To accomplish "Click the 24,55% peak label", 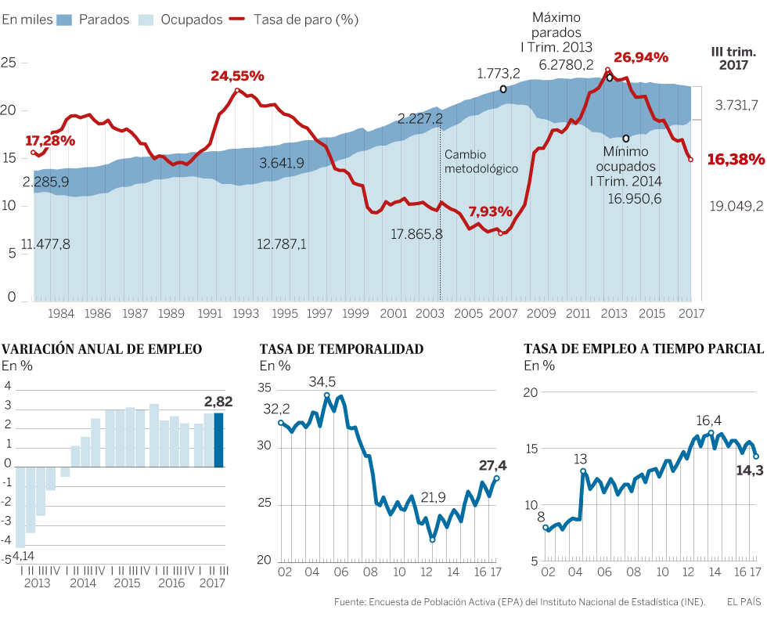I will tap(237, 76).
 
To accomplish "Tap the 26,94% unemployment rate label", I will tap(640, 57).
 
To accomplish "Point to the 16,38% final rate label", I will tap(735, 160).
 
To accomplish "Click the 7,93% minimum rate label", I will tap(491, 211).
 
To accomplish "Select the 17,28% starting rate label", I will tap(50, 141).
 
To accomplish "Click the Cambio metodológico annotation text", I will tap(481, 161).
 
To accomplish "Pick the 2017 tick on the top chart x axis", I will tap(690, 313).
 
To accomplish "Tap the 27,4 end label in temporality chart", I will tap(493, 465).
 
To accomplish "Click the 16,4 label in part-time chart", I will tap(709, 420).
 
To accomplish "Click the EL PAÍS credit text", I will tap(744, 601).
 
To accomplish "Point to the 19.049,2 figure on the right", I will tap(735, 206).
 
